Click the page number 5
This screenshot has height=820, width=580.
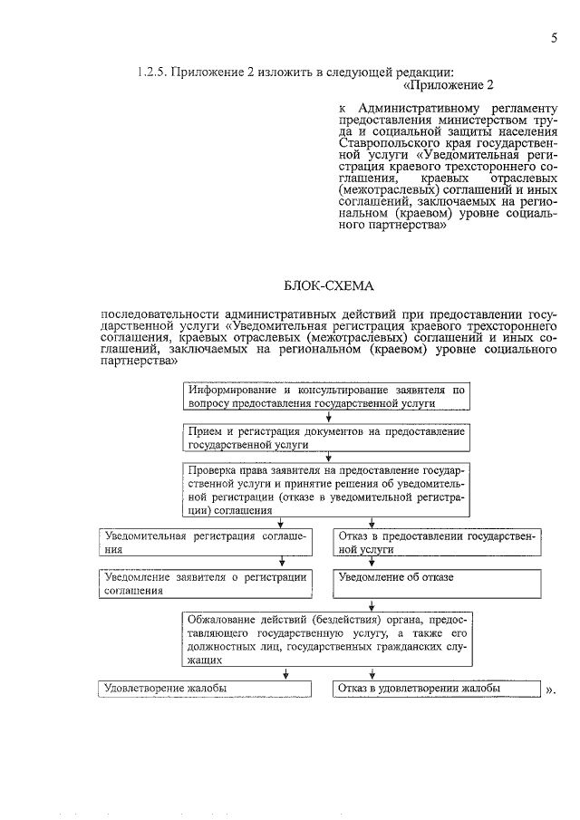(552, 37)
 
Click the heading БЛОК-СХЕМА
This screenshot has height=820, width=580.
(328, 286)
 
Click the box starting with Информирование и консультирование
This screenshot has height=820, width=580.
(327, 396)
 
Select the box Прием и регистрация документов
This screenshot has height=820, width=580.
(327, 439)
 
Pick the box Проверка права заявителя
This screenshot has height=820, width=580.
(327, 490)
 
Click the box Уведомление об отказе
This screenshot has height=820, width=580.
(438, 584)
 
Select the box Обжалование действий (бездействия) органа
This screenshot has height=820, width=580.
(327, 640)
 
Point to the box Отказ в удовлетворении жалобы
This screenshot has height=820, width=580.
(438, 690)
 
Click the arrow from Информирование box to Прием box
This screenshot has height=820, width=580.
(327, 418)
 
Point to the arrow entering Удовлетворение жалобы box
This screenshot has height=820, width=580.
(286, 673)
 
